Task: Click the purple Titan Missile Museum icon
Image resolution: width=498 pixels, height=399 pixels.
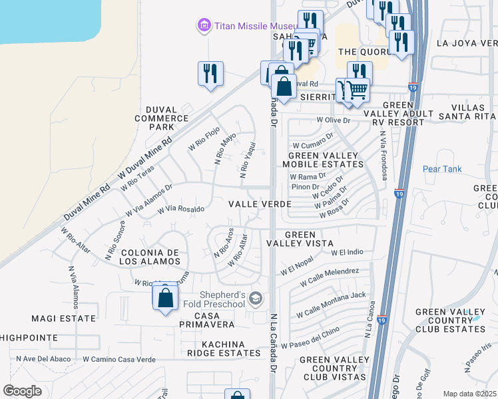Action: click(203, 26)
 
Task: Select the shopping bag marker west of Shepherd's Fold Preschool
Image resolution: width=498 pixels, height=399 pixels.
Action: click(166, 298)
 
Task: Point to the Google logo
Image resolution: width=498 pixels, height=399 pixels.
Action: click(23, 391)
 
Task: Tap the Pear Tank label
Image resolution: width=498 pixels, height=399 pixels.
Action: click(442, 169)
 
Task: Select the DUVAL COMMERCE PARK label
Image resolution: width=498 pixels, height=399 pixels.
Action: click(160, 118)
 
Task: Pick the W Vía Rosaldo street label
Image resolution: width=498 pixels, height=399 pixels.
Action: click(180, 209)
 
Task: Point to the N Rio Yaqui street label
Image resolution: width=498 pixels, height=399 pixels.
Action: click(247, 160)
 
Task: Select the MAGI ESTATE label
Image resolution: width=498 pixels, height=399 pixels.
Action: click(67, 319)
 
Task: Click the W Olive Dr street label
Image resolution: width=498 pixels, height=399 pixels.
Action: click(333, 120)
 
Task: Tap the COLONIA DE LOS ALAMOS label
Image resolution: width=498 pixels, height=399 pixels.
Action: click(150, 257)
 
